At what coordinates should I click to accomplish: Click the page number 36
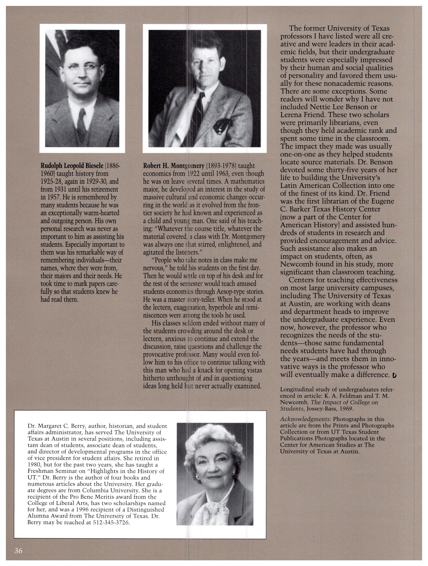point(18,550)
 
